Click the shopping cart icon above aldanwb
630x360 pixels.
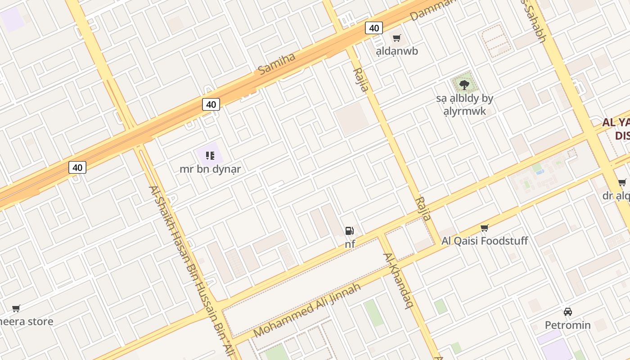396,38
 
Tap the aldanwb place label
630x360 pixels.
397,51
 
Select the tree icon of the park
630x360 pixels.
464,85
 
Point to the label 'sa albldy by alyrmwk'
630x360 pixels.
464,104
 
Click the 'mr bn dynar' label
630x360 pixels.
210,169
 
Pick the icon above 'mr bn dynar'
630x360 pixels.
210,156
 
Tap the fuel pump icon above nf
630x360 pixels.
349,231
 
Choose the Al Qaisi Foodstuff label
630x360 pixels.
484,241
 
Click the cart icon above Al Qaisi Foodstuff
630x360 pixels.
484,228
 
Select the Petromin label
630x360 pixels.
567,325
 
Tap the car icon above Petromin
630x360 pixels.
567,311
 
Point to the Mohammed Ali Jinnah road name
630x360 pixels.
307,310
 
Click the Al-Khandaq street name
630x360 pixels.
398,280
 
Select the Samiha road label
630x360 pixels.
276,64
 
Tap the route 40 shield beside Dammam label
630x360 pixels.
373,28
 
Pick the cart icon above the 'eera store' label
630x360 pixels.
16,308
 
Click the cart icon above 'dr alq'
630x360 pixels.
622,182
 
